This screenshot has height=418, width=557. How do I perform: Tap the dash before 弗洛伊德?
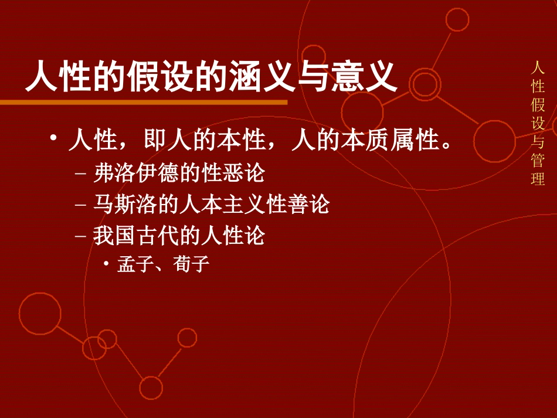coord(81,174)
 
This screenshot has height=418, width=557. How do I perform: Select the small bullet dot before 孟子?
coord(106,264)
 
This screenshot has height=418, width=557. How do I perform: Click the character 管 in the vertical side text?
coord(538,160)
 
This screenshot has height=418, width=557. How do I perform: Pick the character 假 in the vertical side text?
coord(538,106)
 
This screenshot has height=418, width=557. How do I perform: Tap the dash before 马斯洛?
coord(81,205)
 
